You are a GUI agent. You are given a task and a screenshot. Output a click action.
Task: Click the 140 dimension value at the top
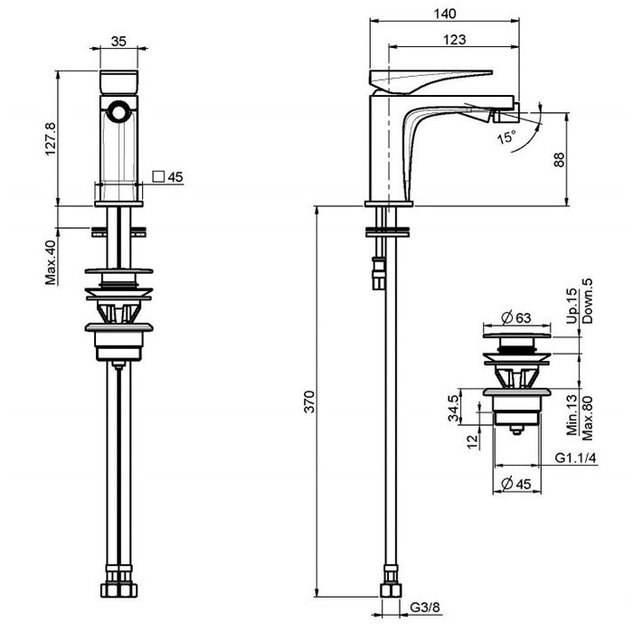coord(445,14)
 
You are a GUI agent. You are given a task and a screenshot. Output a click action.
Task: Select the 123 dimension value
coord(454,40)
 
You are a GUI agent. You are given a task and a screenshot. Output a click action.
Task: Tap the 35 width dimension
coord(118,42)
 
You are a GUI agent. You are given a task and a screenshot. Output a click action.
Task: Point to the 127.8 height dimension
coord(51,138)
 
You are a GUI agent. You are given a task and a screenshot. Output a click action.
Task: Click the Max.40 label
coord(51,262)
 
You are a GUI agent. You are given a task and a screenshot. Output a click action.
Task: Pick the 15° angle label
coord(506,137)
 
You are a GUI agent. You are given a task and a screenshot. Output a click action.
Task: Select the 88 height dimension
coord(559,159)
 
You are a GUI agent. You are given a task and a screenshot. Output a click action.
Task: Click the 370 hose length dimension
coord(309,402)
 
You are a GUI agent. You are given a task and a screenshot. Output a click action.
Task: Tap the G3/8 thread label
coord(425,607)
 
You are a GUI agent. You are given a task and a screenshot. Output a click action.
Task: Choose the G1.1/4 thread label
coord(575,458)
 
